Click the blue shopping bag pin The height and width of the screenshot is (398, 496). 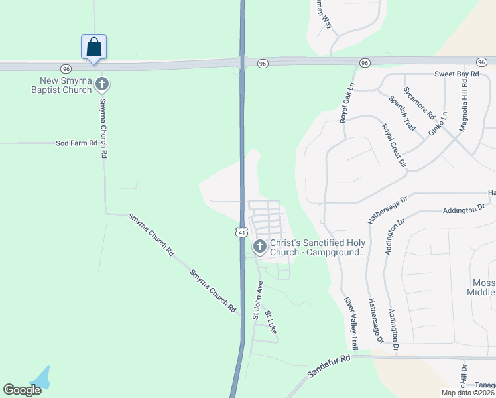[94, 47]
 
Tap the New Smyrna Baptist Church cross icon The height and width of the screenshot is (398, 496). [102, 84]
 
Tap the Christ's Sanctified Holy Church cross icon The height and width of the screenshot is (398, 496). [259, 247]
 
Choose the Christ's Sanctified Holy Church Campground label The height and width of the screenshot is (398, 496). [318, 247]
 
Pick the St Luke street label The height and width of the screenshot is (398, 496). [270, 322]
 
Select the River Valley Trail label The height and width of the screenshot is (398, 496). [350, 322]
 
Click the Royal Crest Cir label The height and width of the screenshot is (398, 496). [393, 145]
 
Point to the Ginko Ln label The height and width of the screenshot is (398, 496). [438, 123]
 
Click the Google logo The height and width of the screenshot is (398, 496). [23, 390]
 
